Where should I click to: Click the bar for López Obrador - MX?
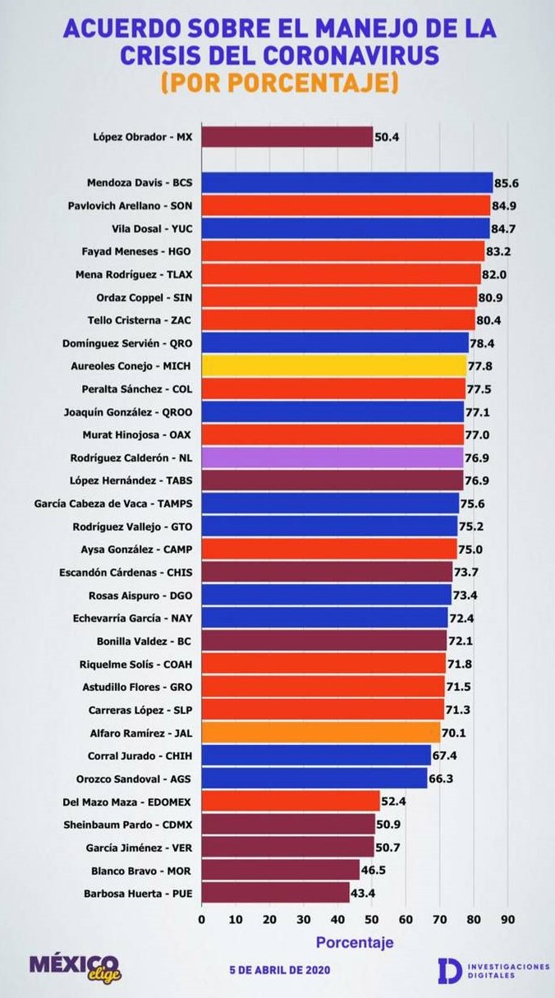pos(287,137)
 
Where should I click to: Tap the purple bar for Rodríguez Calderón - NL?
pos(332,458)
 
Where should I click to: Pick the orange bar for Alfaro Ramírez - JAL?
pos(320,733)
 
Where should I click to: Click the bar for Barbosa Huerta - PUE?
pos(275,893)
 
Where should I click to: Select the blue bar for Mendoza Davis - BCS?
pos(346,182)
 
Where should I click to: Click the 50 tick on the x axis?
pos(371,920)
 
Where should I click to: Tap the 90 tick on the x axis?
pos(507,920)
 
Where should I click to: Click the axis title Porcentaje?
pos(355,942)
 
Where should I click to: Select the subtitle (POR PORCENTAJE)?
pos(279,83)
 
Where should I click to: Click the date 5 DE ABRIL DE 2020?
pos(280,970)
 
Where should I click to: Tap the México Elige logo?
pos(75,967)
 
